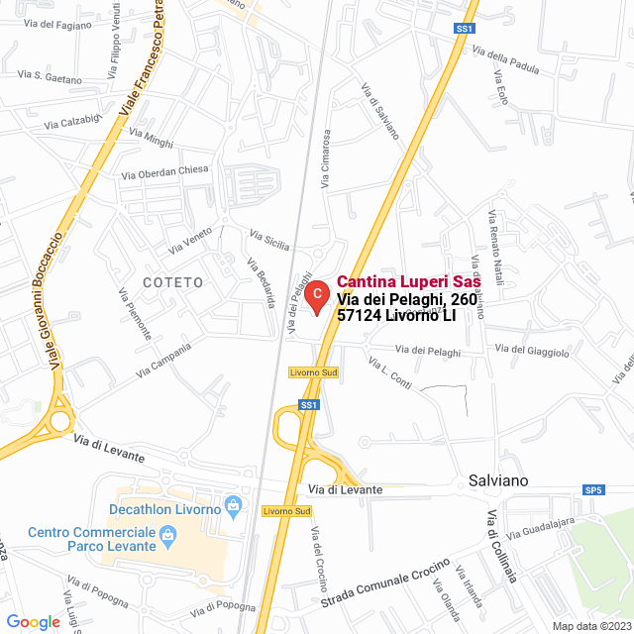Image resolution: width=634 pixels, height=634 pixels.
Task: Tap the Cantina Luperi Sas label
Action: coord(409,282)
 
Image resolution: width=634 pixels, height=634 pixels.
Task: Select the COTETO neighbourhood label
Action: coord(172,282)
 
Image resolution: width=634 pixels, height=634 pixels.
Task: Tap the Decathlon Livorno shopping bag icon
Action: coord(233,508)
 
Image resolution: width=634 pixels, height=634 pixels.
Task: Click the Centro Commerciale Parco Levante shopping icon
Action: coord(167,536)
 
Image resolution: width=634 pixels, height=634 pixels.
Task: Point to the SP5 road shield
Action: coord(593,490)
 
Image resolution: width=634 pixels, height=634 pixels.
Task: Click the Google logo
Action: coord(33,621)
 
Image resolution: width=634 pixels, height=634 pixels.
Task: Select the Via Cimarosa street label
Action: coord(325,159)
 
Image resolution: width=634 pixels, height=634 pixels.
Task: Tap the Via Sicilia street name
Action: coord(269,240)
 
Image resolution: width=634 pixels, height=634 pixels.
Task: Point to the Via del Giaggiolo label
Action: coord(532,351)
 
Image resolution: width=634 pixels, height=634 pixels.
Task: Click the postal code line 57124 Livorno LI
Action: coord(396,315)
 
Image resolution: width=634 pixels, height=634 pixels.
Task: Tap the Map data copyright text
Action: coord(590,625)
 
